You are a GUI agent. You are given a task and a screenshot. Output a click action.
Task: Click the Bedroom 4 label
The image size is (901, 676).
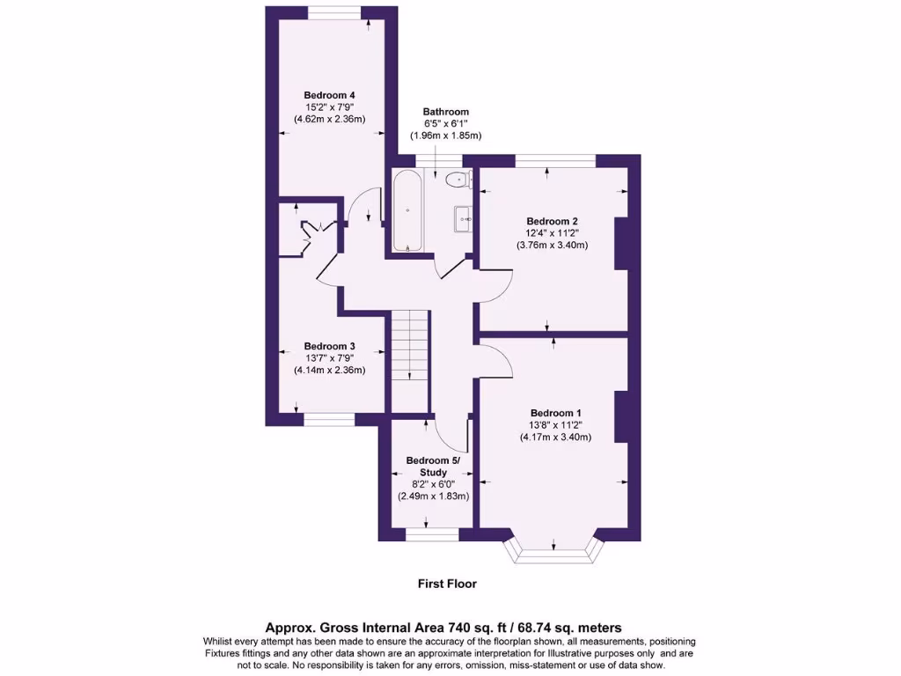(329, 95)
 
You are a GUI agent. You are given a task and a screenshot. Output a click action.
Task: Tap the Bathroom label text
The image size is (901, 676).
(445, 112)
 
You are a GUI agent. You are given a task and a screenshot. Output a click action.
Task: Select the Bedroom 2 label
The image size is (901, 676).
(552, 221)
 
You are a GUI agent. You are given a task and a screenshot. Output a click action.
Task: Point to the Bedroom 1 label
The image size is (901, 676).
(555, 413)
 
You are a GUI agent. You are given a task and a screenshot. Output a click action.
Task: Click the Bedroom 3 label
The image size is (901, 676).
(329, 346)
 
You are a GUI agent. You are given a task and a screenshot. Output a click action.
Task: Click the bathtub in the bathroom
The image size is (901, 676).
(407, 211)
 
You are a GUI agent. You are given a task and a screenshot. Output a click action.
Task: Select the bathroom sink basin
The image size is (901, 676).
(465, 217)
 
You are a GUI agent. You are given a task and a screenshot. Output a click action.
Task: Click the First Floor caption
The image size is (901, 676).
(446, 583)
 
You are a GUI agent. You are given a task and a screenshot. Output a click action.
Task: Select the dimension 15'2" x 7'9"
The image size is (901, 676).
(329, 107)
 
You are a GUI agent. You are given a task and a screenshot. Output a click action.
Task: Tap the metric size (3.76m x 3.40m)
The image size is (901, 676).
(552, 246)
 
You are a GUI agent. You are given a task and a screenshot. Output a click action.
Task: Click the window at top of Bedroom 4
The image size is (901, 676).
(333, 12)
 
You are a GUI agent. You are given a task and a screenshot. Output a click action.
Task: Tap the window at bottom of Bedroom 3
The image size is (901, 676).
(326, 420)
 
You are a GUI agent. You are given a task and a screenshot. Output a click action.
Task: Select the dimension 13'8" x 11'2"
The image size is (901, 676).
(555, 425)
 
